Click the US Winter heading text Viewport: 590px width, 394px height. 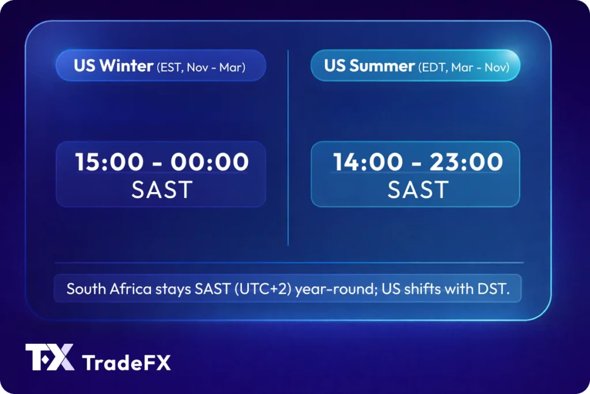tap(114, 66)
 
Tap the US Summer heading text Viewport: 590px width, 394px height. tap(369, 66)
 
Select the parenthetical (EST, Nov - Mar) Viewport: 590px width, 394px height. tap(201, 67)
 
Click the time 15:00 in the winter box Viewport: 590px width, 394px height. tap(108, 162)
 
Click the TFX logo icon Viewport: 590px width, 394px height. tap(50, 358)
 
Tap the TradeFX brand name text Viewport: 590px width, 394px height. tap(127, 363)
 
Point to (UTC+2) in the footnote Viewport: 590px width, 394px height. tap(262, 289)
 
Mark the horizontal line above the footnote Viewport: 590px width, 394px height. tap(288, 263)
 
